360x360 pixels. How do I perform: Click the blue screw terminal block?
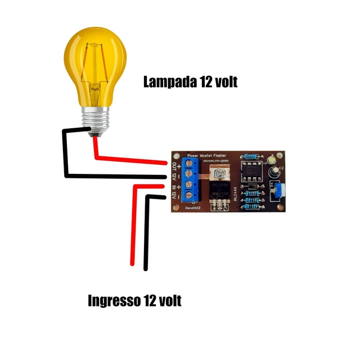(191, 179)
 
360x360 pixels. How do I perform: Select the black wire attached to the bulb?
(65, 152)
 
